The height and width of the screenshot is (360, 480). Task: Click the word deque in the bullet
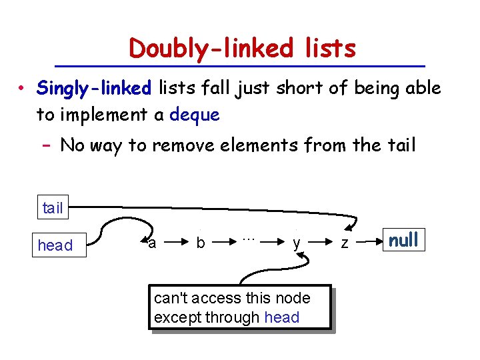tap(195, 115)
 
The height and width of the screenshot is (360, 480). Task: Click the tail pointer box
tap(52, 208)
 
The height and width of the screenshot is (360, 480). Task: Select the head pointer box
tap(55, 245)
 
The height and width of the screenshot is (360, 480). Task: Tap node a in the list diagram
tap(152, 243)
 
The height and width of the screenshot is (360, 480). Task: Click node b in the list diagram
tap(200, 244)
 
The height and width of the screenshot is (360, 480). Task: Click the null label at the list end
tap(403, 239)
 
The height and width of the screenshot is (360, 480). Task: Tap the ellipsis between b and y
tap(249, 238)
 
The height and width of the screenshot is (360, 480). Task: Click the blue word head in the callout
tap(282, 317)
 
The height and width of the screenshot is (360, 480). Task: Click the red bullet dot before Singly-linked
tap(22, 89)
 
